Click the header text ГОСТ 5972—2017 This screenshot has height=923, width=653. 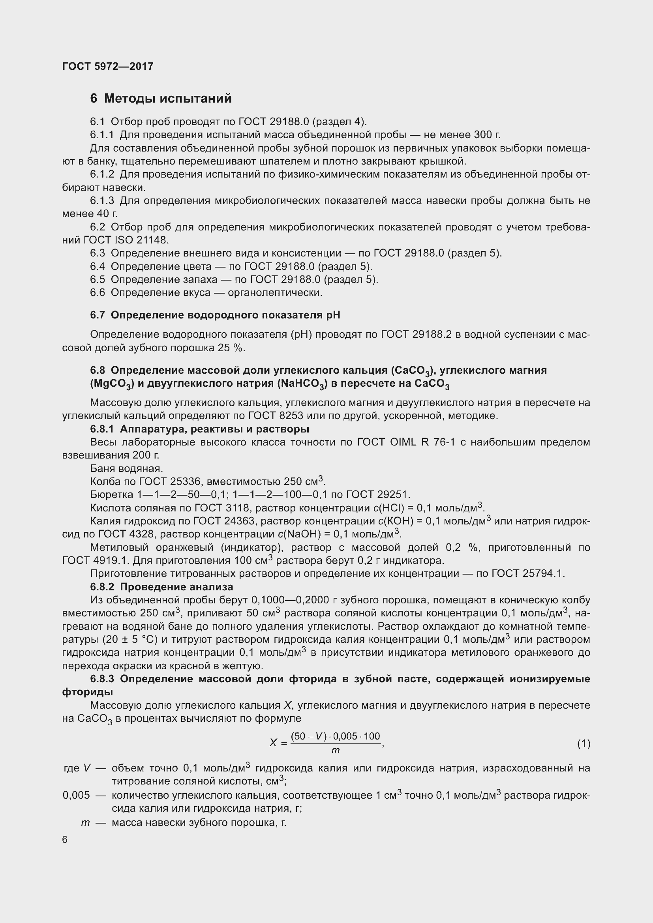[x=108, y=66]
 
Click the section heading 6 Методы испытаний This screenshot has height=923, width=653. [x=161, y=99]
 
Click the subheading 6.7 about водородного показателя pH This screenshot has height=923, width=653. [x=215, y=315]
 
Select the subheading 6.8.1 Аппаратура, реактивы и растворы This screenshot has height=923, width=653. [x=199, y=429]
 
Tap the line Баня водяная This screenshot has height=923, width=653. [x=127, y=469]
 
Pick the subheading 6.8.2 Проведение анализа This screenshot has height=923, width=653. [x=161, y=587]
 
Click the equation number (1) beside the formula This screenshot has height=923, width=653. [x=584, y=744]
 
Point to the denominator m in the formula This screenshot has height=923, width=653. [x=335, y=751]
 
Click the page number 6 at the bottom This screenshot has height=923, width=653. [x=65, y=840]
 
